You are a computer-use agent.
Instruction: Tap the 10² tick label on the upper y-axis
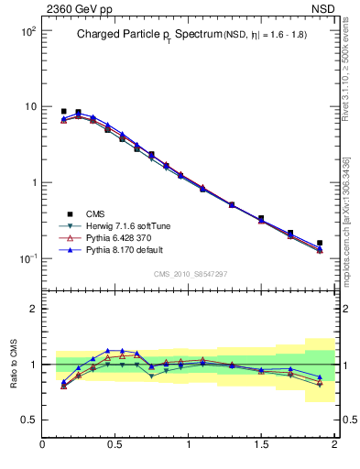(27, 31)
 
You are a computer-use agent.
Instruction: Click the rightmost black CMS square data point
(320, 244)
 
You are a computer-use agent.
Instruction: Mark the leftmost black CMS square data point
(63, 111)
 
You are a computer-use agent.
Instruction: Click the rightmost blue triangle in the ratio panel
(320, 376)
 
